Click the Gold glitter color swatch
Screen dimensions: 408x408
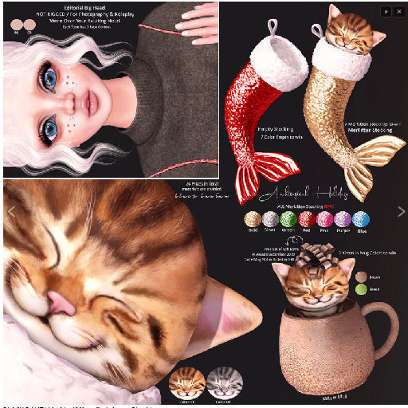[253, 220]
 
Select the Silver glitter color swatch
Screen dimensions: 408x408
[271, 220]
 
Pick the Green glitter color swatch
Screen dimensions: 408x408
[288, 220]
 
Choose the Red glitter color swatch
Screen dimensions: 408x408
[307, 220]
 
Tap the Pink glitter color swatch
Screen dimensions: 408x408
[325, 220]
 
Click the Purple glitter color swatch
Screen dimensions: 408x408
[343, 220]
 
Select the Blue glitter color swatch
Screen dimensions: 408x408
[361, 220]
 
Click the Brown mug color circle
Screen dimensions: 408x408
[363, 277]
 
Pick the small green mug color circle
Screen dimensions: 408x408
[363, 290]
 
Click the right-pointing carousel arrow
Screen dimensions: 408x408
[400, 211]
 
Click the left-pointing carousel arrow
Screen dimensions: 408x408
[10, 211]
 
